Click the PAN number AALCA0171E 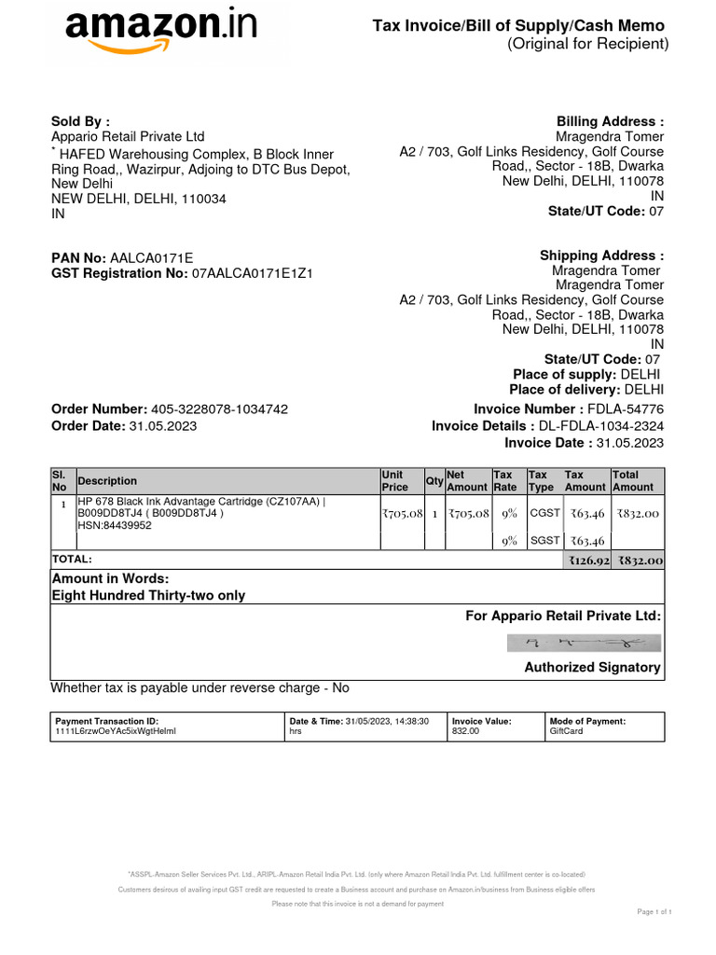coord(152,257)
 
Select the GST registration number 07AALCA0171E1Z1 coord(252,274)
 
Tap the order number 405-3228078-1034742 coord(220,409)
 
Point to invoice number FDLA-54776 coord(625,409)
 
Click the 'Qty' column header coord(434,481)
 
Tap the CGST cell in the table coord(544,513)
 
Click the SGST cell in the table coord(544,541)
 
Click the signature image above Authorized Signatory coord(585,643)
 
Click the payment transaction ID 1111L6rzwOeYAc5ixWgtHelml coord(116,732)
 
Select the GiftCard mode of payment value coord(566,732)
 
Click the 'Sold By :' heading coord(80,121)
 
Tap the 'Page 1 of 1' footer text coord(654,911)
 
